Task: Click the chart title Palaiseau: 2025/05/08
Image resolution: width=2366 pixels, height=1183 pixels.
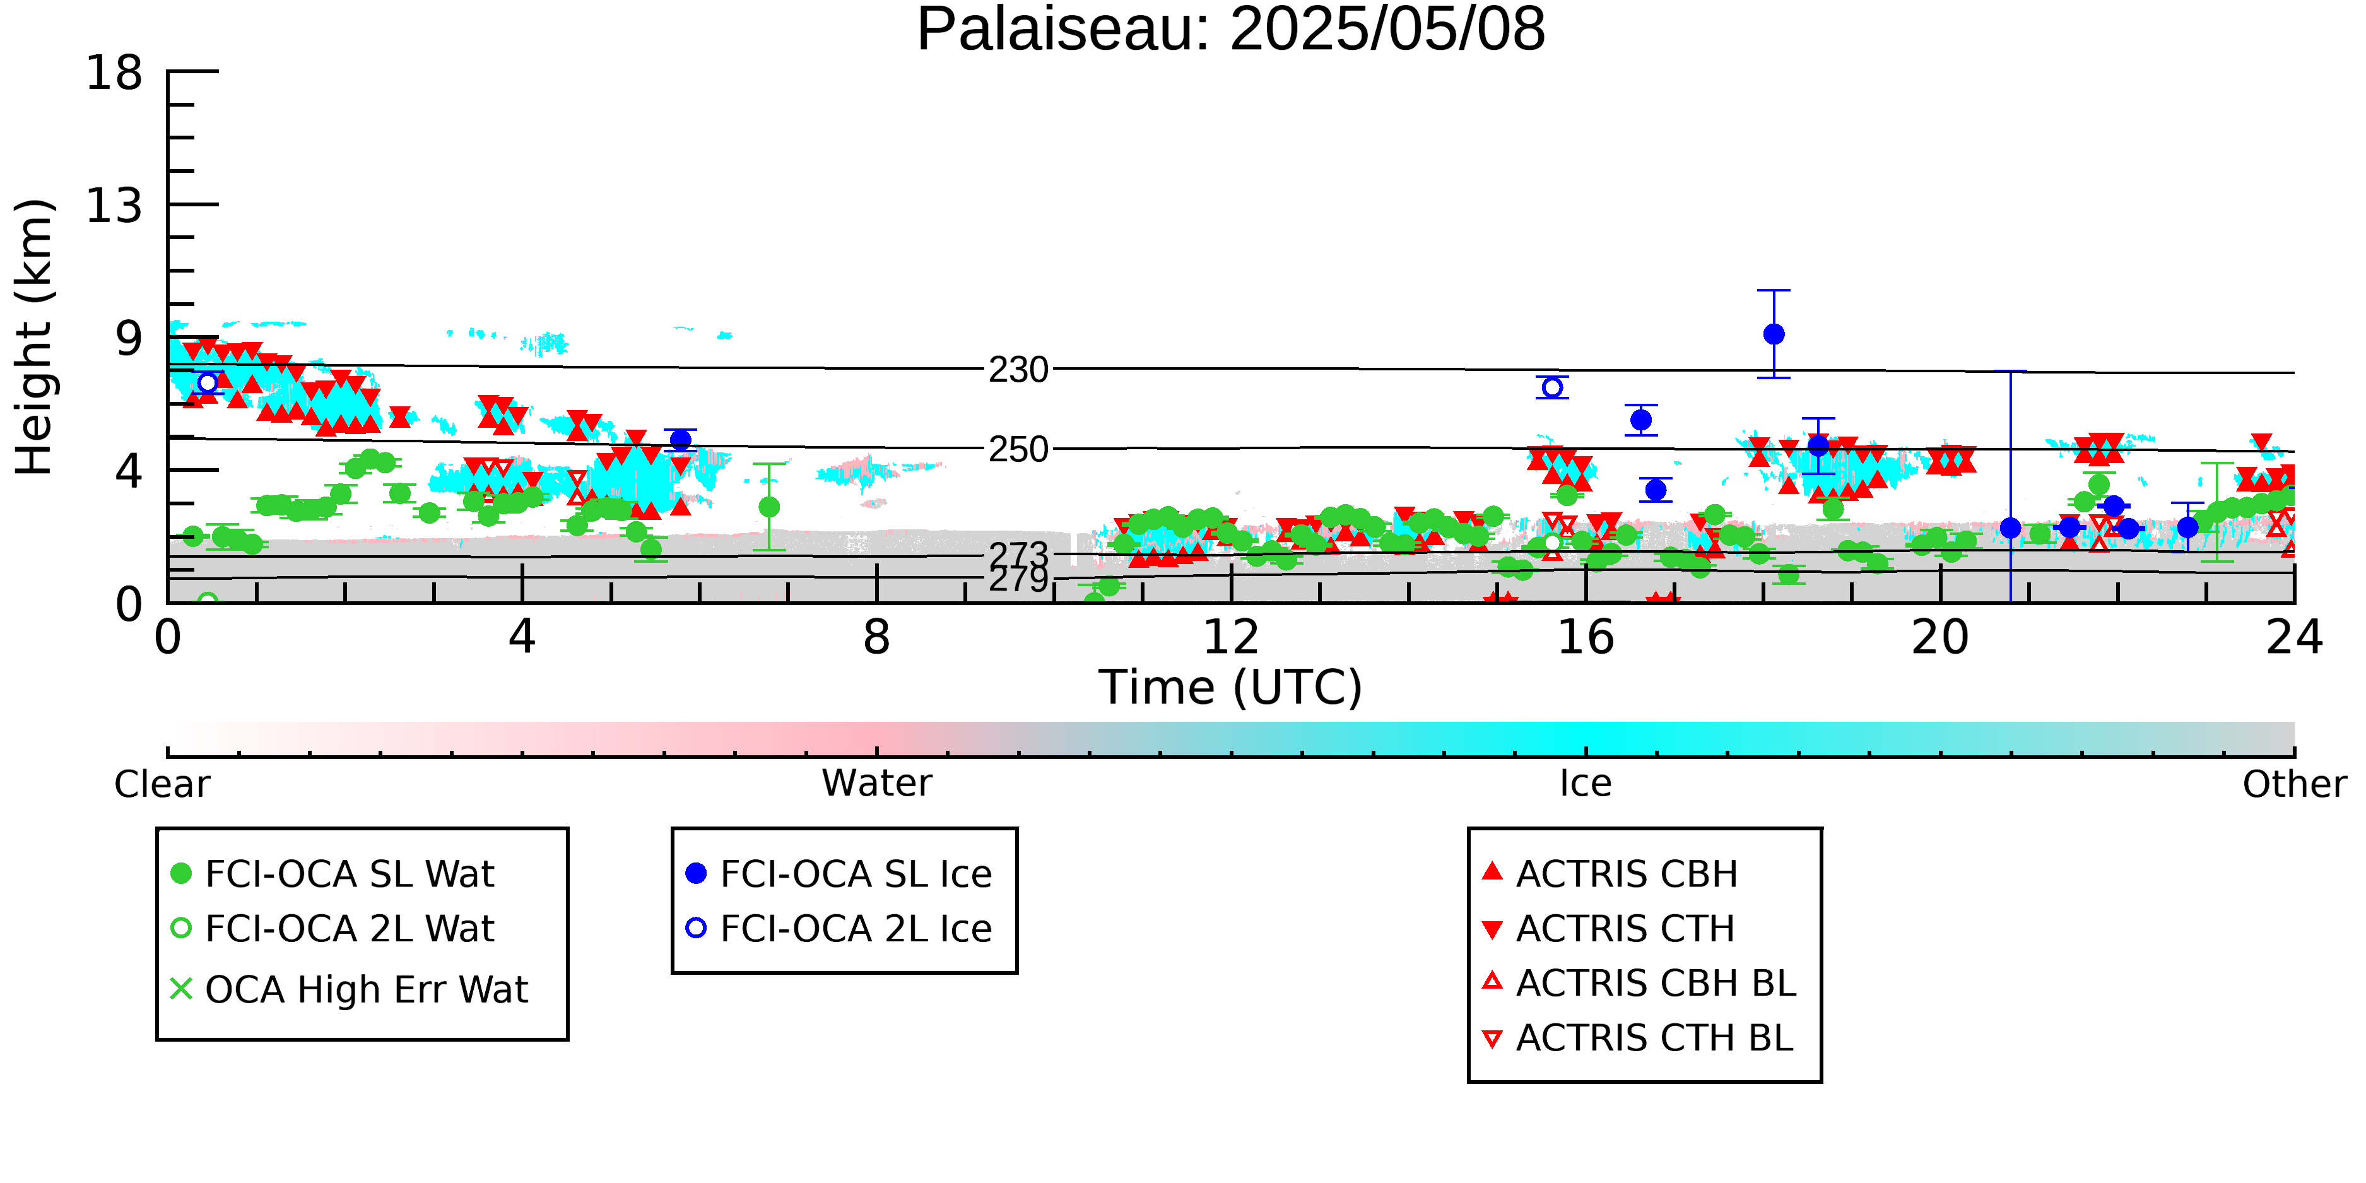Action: [1231, 30]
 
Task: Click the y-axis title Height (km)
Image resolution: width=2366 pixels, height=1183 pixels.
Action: [35, 337]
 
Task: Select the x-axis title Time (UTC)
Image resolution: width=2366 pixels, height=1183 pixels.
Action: [1231, 687]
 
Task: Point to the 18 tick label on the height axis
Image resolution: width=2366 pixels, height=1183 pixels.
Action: [115, 73]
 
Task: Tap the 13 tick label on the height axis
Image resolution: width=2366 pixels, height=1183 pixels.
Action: [115, 206]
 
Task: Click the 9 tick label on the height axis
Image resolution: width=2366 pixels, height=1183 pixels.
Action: [129, 339]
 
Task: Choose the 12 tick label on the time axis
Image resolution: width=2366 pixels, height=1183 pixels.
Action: [1231, 637]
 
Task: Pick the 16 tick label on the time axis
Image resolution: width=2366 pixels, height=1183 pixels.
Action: [1586, 637]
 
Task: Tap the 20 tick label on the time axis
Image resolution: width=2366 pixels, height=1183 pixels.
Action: [1940, 637]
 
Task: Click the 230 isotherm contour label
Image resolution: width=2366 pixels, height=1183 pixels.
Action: [1018, 370]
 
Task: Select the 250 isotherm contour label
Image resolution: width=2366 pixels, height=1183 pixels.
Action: [1018, 449]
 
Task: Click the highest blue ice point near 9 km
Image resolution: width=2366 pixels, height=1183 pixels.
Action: [1774, 334]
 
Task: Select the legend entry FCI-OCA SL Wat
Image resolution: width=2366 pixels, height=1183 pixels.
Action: [333, 873]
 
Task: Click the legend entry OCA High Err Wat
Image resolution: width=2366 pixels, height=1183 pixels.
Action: [349, 989]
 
